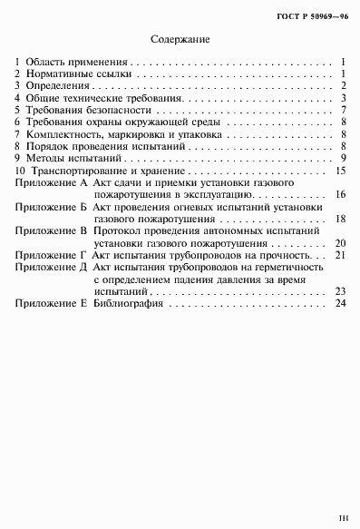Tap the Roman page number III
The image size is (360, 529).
[x=343, y=518]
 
